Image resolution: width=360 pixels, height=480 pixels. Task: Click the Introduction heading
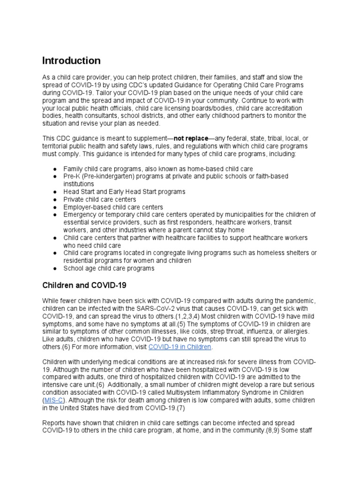[71, 61]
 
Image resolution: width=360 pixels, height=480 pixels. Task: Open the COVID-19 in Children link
[180, 347]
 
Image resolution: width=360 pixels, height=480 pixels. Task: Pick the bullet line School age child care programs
[109, 269]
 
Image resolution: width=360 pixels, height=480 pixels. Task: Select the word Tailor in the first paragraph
[99, 93]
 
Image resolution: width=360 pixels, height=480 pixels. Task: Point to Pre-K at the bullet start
[72, 176]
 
